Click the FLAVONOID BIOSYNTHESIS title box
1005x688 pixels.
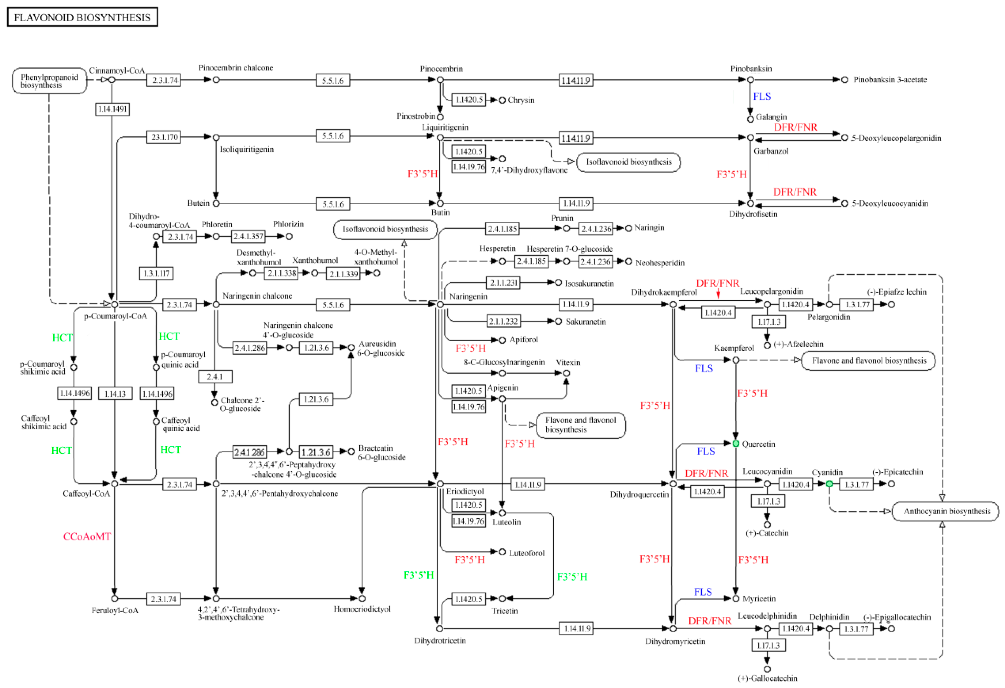[82, 17]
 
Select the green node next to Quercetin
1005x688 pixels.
[735, 444]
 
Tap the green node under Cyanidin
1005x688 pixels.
[829, 484]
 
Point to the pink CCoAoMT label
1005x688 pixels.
[87, 537]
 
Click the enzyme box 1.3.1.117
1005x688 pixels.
[156, 273]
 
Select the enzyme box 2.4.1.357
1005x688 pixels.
[248, 237]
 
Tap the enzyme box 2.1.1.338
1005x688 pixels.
[282, 273]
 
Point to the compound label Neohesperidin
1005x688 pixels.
[660, 263]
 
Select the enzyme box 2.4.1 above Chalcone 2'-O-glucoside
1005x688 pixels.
[215, 377]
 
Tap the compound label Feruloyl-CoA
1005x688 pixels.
[114, 610]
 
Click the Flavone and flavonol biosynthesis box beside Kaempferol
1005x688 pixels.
[868, 361]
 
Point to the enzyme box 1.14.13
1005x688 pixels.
[115, 394]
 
